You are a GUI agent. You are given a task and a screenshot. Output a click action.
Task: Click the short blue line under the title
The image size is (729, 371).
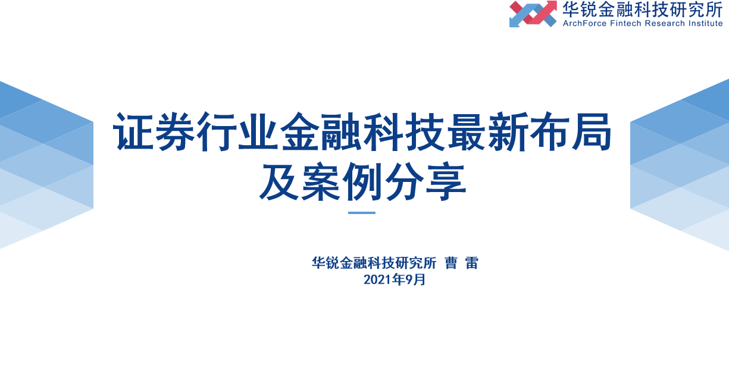tap(362, 212)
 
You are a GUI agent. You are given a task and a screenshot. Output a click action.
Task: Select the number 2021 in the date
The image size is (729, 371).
tap(376, 279)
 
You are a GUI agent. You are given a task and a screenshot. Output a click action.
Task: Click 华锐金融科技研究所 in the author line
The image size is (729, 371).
tap(374, 263)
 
